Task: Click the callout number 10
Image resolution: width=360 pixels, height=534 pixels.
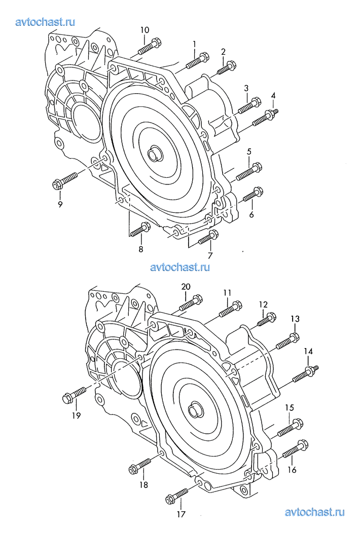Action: click(x=145, y=30)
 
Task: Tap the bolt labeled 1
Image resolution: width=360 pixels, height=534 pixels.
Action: click(x=197, y=60)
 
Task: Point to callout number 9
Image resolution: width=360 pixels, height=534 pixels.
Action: click(x=60, y=204)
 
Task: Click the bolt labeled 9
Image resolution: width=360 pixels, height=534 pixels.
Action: click(x=65, y=181)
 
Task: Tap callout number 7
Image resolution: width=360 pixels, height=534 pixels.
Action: click(x=210, y=255)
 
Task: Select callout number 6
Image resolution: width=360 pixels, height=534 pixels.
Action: click(x=251, y=214)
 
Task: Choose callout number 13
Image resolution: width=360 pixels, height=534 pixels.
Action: click(x=295, y=319)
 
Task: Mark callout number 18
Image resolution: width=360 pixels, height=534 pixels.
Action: click(x=144, y=485)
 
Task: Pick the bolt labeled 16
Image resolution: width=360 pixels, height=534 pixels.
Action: click(x=295, y=449)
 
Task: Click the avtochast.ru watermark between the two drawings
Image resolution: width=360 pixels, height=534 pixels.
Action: click(x=180, y=267)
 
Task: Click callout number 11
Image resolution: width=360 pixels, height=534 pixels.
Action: click(x=227, y=292)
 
